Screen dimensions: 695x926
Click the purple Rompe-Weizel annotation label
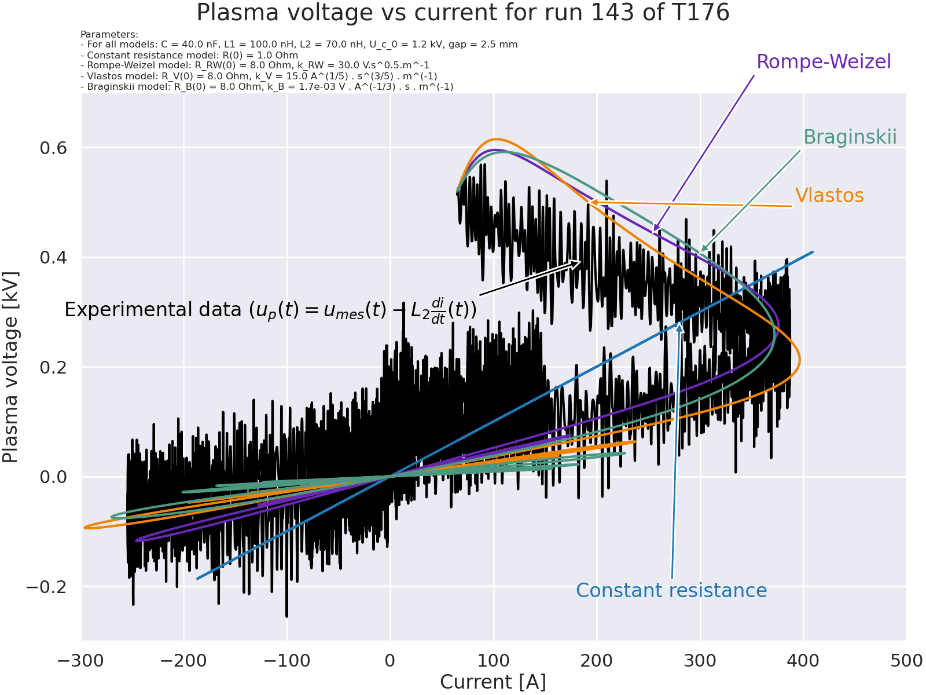pyautogui.click(x=824, y=61)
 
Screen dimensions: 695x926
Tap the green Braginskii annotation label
pyautogui.click(x=850, y=137)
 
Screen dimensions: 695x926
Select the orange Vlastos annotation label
pyautogui.click(x=829, y=196)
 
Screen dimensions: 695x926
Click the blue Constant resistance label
pyautogui.click(x=671, y=590)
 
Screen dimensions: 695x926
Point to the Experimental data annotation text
pyautogui.click(x=270, y=310)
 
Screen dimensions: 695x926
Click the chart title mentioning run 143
pyautogui.click(x=463, y=13)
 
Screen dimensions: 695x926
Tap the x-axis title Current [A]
pyautogui.click(x=493, y=682)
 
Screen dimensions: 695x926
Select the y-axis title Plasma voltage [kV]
pyautogui.click(x=10, y=367)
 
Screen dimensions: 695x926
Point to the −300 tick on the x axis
pyautogui.click(x=82, y=661)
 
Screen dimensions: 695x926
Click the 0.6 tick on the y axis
pyautogui.click(x=53, y=148)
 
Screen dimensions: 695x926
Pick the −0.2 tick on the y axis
pyautogui.click(x=46, y=587)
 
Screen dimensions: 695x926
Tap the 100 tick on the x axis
pyautogui.click(x=494, y=661)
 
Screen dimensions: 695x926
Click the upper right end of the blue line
pyautogui.click(x=813, y=252)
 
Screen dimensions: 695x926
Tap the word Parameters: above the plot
pyautogui.click(x=109, y=34)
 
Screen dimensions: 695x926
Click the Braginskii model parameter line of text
pyautogui.click(x=267, y=86)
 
